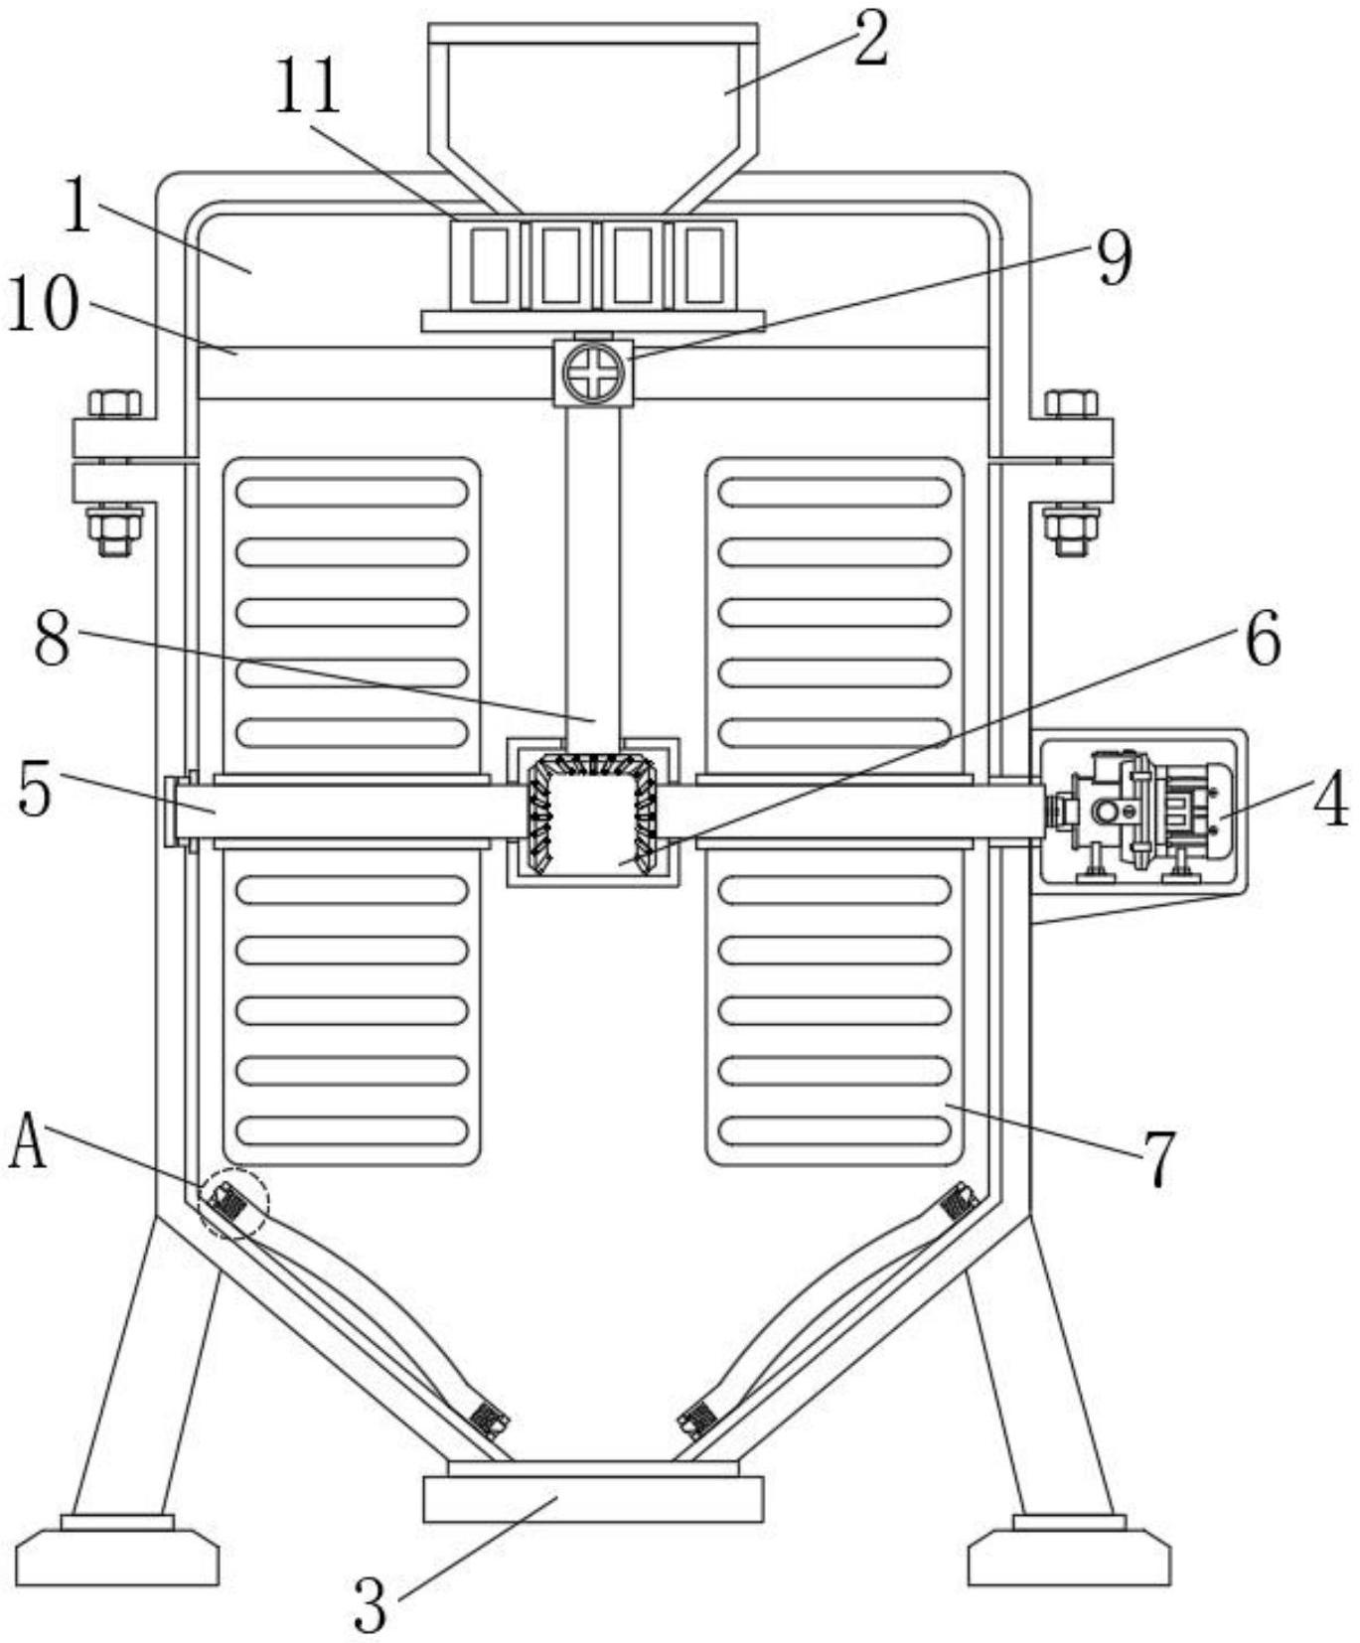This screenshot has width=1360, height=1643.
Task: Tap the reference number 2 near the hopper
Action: coord(870,41)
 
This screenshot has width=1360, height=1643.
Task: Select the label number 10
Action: coord(44,304)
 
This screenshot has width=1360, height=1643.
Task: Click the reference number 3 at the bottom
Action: coord(371,1604)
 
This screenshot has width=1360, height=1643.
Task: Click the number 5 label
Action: coord(35,790)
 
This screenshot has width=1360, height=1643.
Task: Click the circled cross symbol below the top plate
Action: coord(593,373)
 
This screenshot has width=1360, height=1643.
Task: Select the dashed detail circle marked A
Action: coord(232,1203)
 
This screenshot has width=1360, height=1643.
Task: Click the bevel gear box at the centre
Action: coord(593,811)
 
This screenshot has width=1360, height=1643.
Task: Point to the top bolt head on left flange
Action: coord(114,403)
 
